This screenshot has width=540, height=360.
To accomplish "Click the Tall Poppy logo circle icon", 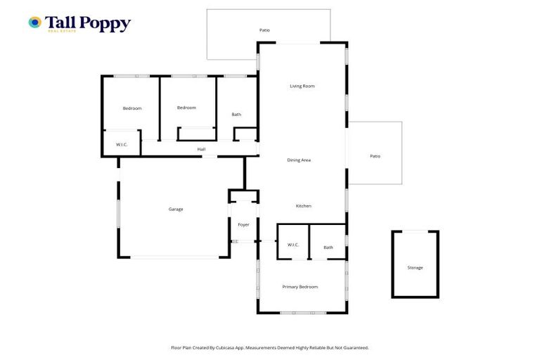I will [x=34, y=22].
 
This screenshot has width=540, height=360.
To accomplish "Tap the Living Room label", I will [x=302, y=86].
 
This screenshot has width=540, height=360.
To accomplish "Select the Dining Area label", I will [x=299, y=160].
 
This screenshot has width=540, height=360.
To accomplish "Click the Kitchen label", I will [x=303, y=206].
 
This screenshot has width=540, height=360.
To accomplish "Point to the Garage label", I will [x=175, y=209].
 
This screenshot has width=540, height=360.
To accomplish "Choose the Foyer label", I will [x=243, y=225].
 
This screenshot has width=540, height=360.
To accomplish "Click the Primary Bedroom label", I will [x=300, y=287].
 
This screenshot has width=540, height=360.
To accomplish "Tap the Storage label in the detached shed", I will [x=415, y=268].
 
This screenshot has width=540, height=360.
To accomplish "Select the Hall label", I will [x=201, y=149].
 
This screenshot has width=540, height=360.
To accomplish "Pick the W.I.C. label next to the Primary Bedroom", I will [x=293, y=245].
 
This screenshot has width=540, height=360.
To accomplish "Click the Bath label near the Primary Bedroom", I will [x=328, y=247].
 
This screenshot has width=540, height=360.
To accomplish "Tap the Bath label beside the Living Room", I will [x=237, y=115].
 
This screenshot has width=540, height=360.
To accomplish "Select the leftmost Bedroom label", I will [x=132, y=108].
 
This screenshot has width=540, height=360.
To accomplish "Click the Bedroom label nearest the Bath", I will [x=186, y=108].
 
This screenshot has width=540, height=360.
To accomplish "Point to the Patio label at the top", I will [x=264, y=30].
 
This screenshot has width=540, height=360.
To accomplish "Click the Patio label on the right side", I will [x=375, y=156].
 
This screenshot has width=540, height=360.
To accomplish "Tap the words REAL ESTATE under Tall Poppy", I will [x=61, y=31].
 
